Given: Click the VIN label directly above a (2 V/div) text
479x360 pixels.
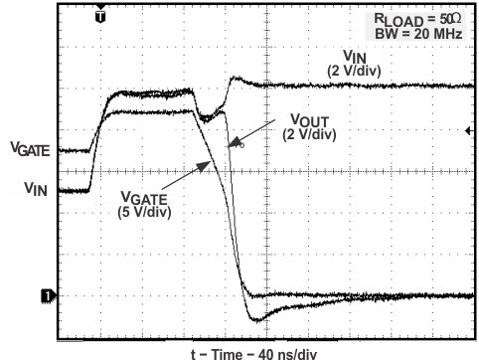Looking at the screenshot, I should point(355,57).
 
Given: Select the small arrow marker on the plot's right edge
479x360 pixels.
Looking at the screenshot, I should point(468,130).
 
